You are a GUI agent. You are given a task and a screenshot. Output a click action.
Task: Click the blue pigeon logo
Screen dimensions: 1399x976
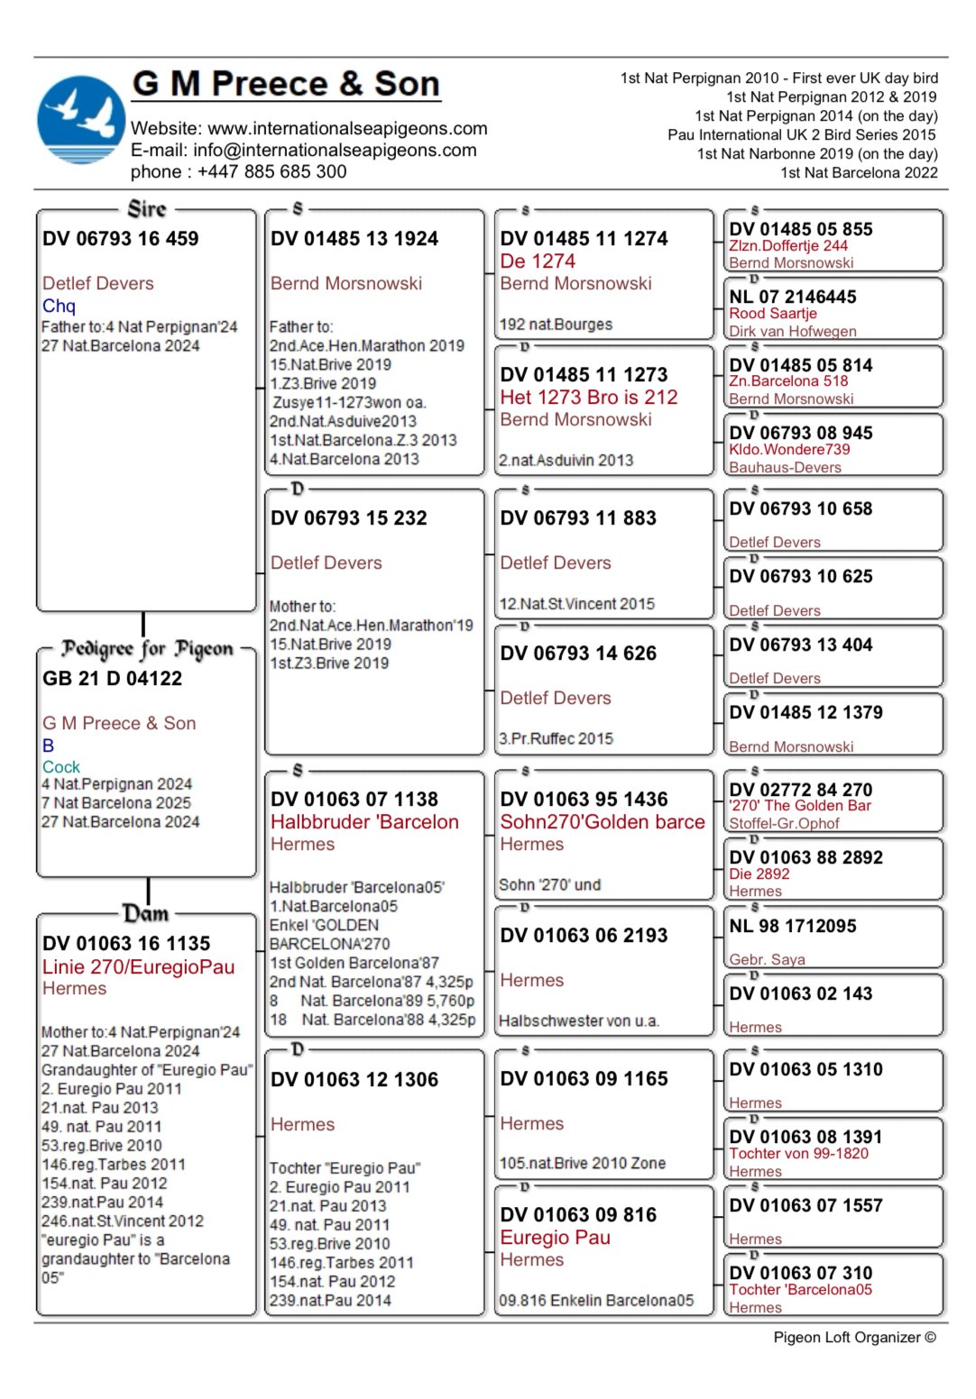(80, 120)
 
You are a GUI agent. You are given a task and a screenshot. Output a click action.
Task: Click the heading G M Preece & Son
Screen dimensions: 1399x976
(286, 84)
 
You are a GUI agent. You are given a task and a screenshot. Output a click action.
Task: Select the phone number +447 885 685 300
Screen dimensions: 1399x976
(272, 172)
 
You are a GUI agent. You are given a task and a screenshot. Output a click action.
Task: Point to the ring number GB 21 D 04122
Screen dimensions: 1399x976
(112, 679)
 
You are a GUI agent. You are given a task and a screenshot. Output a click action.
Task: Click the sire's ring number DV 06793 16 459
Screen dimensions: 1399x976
(120, 239)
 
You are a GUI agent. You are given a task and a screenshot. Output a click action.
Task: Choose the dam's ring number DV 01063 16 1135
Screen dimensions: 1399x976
(126, 944)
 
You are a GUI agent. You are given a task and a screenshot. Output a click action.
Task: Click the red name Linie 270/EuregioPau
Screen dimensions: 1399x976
(138, 967)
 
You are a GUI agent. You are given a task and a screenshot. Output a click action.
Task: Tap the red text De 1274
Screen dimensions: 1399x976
(538, 261)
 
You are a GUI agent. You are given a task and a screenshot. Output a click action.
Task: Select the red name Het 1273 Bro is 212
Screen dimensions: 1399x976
(588, 398)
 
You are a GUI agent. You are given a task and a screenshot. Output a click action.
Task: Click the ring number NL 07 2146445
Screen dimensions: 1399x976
(793, 297)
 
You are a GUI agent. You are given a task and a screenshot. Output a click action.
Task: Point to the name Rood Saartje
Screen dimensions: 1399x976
(773, 314)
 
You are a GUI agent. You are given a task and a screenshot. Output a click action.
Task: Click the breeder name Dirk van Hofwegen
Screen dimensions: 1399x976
(793, 331)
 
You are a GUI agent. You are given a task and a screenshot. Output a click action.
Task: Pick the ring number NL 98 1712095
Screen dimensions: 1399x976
(793, 927)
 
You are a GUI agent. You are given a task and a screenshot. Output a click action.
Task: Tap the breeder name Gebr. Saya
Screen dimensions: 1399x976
(767, 960)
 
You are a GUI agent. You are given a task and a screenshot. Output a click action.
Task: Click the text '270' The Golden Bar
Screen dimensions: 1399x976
(800, 806)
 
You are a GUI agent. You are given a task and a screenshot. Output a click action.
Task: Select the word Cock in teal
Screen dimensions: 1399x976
(61, 767)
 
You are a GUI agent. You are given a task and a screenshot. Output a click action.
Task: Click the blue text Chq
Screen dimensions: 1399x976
(59, 306)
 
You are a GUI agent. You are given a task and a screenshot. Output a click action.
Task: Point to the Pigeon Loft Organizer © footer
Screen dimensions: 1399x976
(854, 1338)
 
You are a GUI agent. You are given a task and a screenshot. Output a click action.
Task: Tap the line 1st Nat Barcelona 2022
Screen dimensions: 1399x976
(859, 173)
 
